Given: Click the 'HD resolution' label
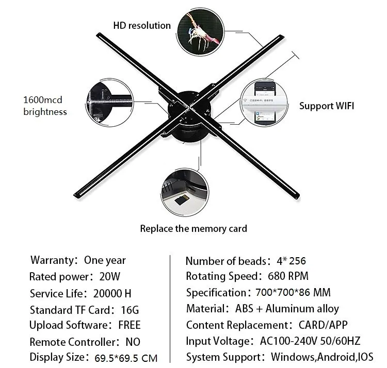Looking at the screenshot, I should tap(142, 25).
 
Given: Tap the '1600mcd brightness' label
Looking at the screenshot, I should tap(45, 106).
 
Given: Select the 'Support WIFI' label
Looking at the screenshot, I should tap(327, 106).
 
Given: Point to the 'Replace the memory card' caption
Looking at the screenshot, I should tap(193, 228).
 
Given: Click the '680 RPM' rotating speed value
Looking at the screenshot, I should tap(288, 276).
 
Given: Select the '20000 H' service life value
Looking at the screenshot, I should tap(112, 294).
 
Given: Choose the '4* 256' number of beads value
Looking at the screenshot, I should tap(291, 261).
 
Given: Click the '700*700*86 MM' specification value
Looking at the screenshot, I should tap(293, 293).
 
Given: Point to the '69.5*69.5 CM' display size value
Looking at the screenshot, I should tap(126, 358).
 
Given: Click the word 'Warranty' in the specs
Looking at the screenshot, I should tap(51, 260).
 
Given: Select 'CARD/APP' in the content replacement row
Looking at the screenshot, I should tap(323, 325).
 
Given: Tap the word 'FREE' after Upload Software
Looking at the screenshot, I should tap(129, 325).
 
